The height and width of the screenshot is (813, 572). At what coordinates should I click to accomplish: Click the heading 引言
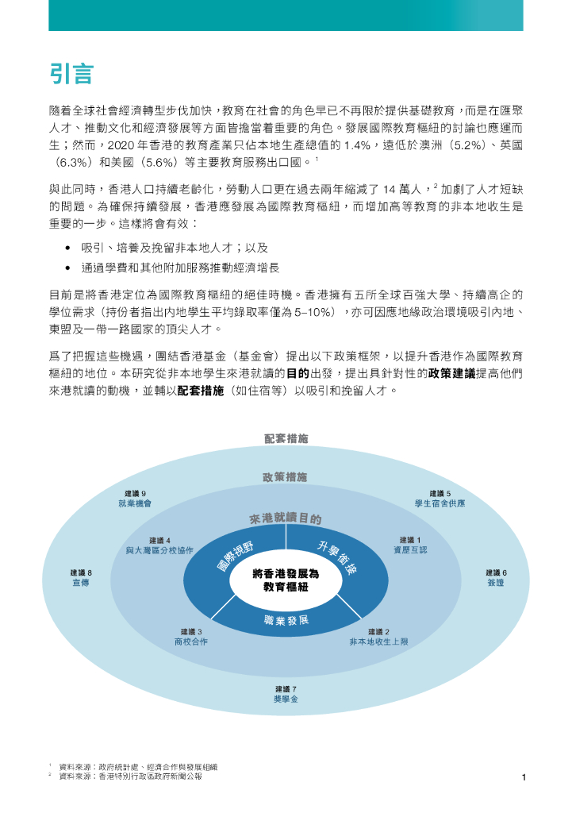(71, 74)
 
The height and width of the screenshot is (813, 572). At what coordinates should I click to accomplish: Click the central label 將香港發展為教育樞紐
(285, 580)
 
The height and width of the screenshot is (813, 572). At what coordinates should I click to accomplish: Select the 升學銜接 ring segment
(338, 558)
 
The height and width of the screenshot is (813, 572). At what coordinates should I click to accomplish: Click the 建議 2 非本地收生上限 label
(378, 636)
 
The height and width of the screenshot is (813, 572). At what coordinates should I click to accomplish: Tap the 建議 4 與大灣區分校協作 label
(159, 545)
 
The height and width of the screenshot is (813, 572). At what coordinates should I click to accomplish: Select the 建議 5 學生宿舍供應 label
(440, 499)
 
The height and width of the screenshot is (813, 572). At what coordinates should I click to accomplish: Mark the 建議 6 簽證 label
(496, 577)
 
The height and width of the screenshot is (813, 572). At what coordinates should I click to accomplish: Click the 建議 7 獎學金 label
(286, 693)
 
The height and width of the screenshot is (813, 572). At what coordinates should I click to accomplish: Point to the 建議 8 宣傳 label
(81, 577)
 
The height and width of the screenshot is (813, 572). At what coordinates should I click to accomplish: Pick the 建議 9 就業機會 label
(135, 499)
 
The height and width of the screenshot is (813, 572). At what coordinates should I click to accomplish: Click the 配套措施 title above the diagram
(286, 438)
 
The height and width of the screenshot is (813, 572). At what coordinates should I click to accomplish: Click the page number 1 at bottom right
(524, 777)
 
